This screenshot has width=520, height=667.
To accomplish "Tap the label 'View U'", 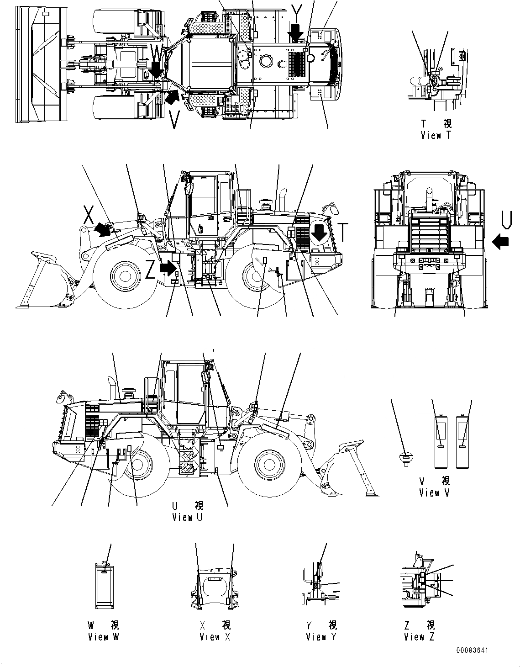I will tap(187, 517).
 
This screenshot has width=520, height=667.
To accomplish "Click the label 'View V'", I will tap(434, 492).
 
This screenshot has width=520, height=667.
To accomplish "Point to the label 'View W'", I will tap(103, 636).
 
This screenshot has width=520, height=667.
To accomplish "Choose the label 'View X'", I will tap(215, 636).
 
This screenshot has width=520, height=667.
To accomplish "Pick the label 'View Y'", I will tap(321, 636).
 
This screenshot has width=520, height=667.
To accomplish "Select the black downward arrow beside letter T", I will tap(319, 233).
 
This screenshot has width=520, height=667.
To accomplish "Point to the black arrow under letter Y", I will tap(296, 33).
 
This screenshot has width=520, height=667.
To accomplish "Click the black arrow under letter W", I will tap(157, 69).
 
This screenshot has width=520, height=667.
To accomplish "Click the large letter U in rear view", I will tap(504, 219).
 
